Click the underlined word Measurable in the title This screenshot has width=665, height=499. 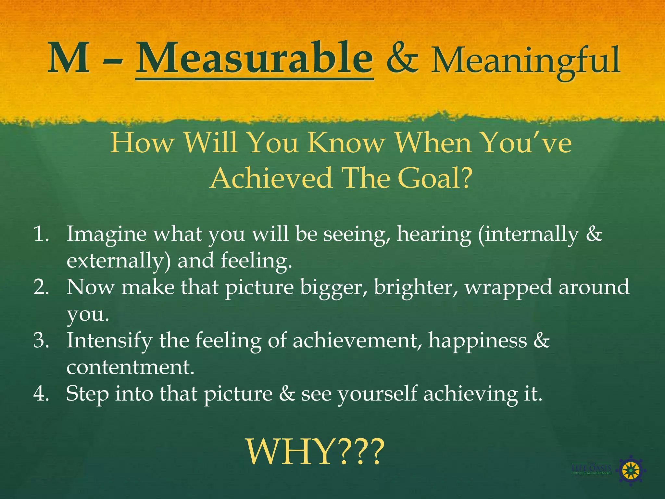(x=254, y=58)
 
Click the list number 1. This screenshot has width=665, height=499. (x=41, y=234)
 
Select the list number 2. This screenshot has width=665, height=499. (x=41, y=287)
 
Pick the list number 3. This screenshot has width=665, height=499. (x=41, y=340)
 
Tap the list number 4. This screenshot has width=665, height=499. (x=41, y=393)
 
